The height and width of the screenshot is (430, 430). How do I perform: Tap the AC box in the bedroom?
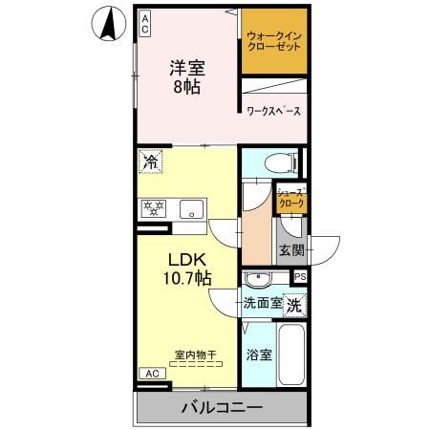click(146, 22)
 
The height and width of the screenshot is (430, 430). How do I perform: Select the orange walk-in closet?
click(273, 44)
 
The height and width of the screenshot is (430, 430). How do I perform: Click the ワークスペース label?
click(273, 111)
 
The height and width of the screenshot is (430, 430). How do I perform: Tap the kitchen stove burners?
click(153, 208)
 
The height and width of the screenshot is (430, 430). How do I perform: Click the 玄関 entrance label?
click(290, 251)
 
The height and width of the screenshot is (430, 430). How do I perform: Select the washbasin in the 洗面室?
click(258, 280)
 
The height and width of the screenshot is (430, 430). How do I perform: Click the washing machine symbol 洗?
click(296, 306)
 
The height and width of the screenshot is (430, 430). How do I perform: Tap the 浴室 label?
click(259, 355)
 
